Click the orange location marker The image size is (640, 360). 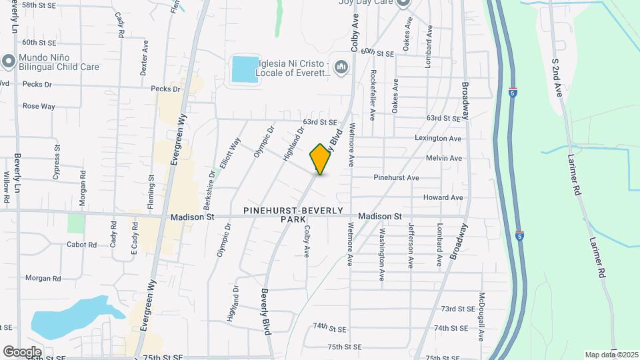321,159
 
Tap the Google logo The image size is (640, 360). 22,351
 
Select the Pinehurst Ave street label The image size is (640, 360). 396,178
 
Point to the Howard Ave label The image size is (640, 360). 443,197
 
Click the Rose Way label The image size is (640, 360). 39,106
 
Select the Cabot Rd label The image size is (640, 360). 81,245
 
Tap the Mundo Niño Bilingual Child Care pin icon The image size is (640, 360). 8,61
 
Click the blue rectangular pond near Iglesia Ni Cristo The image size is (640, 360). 244,69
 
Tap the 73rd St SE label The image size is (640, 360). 457,309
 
